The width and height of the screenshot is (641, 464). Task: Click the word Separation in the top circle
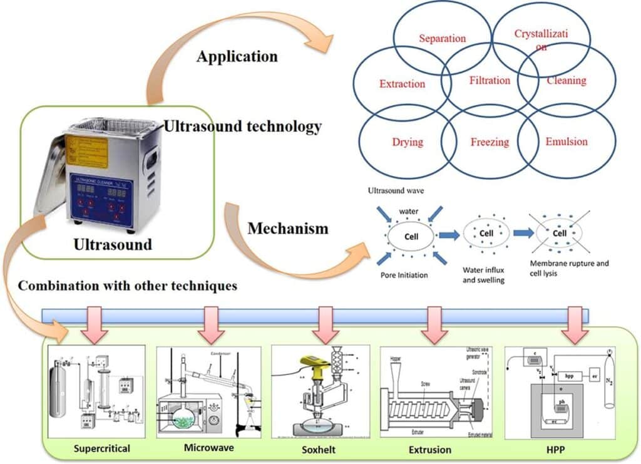pyautogui.click(x=443, y=39)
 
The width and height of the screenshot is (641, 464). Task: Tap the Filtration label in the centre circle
pyautogui.click(x=490, y=80)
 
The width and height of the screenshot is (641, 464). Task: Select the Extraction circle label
pyautogui.click(x=402, y=84)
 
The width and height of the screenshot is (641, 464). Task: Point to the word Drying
pyautogui.click(x=408, y=142)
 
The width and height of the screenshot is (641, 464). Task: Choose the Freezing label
pyautogui.click(x=490, y=142)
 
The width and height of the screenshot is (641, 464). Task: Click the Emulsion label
pyautogui.click(x=567, y=142)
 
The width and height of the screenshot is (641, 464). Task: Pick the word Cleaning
pyautogui.click(x=567, y=80)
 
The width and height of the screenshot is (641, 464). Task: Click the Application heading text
pyautogui.click(x=237, y=56)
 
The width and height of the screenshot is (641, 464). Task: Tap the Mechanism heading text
pyautogui.click(x=287, y=229)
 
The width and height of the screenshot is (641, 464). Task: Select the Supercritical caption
pyautogui.click(x=101, y=449)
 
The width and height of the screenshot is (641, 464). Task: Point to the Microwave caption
pyautogui.click(x=209, y=448)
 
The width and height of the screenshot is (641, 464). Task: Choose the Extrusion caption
pyautogui.click(x=429, y=449)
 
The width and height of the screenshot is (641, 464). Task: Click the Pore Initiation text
pyautogui.click(x=404, y=275)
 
